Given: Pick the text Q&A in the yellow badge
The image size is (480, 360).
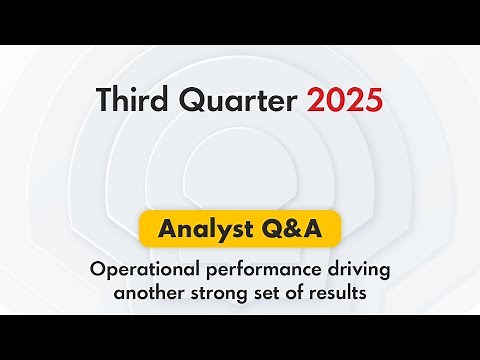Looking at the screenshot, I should [289, 231].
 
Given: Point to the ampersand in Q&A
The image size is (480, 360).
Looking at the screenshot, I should [289, 231].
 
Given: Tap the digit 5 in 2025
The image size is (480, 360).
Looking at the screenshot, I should [371, 100].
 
